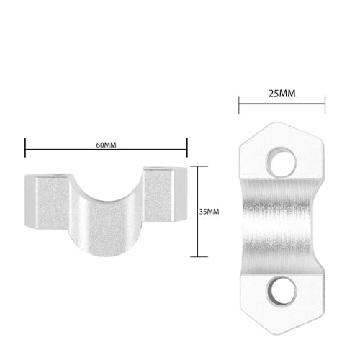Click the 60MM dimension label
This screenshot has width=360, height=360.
point(106,145)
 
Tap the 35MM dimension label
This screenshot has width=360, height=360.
point(209,212)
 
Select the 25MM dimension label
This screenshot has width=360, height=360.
point(282,94)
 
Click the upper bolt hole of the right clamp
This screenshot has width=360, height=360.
point(281,161)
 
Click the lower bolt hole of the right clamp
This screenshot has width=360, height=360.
point(282,292)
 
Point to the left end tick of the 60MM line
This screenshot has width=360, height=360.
point(25,148)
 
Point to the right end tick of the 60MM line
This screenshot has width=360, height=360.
point(187,148)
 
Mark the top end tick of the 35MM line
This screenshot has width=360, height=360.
point(199,166)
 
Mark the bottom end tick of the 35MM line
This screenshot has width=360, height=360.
point(199,256)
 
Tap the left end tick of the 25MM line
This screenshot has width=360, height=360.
point(239,105)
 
